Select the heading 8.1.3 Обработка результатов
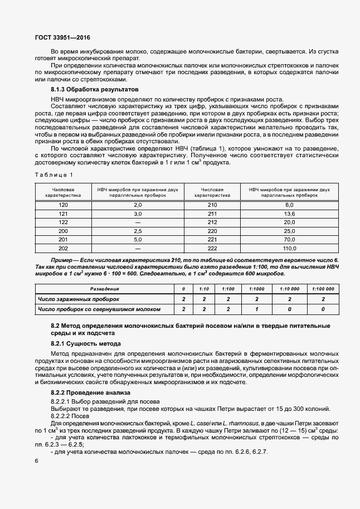91,89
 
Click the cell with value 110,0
289,248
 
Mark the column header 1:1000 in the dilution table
256,289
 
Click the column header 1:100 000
323,289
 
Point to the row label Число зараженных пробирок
75,299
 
